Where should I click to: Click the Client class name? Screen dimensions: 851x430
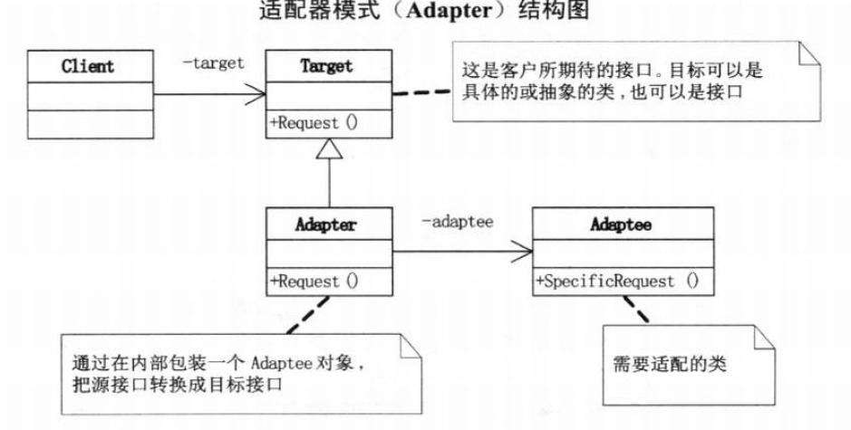88,67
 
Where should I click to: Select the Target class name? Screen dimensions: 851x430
327,66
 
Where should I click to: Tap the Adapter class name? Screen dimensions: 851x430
326,225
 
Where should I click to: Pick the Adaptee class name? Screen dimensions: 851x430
621,225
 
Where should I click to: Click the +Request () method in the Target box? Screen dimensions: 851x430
314,123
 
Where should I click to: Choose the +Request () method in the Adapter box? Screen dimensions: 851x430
314,282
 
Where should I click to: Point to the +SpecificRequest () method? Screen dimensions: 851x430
617,282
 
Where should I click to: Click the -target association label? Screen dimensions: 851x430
213,62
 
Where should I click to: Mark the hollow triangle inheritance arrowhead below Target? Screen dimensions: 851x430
329,148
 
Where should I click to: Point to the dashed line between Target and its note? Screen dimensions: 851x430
421,92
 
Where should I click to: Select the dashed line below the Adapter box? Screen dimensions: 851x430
308,314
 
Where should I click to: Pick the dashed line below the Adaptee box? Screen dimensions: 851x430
635,310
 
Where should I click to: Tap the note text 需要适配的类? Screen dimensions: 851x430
670,364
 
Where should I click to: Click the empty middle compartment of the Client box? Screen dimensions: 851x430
91,97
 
